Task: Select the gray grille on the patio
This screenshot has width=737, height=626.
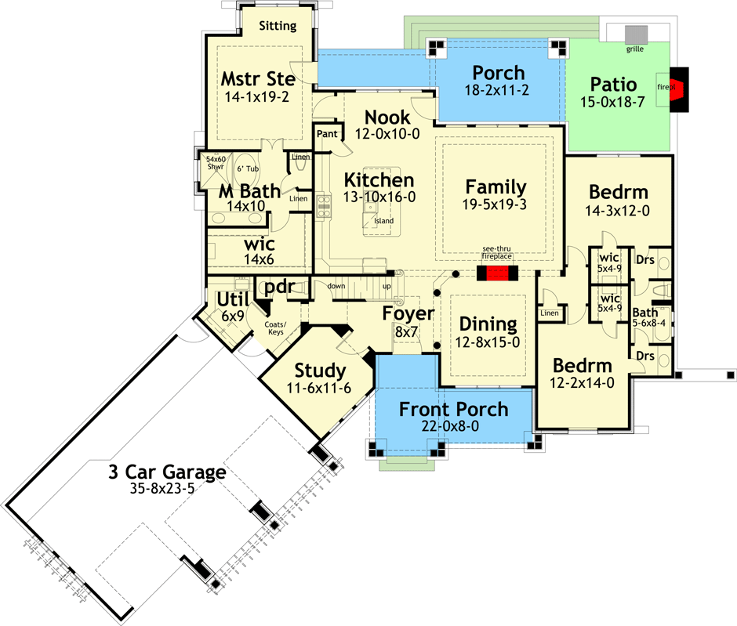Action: click(x=636, y=34)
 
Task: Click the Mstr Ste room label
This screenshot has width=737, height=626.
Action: click(x=257, y=80)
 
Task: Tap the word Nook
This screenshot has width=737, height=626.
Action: click(x=387, y=118)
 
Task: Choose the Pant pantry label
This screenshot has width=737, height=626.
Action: click(x=327, y=134)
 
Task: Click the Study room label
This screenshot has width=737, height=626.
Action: click(x=320, y=370)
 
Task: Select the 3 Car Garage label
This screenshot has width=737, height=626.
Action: click(x=168, y=473)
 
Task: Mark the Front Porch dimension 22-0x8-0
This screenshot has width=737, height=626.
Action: click(x=453, y=427)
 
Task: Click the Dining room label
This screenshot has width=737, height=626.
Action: click(x=488, y=324)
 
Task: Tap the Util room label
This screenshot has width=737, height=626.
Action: click(x=232, y=299)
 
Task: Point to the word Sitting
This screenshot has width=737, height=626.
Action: click(x=278, y=26)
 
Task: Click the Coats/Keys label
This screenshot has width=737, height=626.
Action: click(x=274, y=327)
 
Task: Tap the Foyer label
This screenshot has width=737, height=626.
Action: click(x=408, y=314)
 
